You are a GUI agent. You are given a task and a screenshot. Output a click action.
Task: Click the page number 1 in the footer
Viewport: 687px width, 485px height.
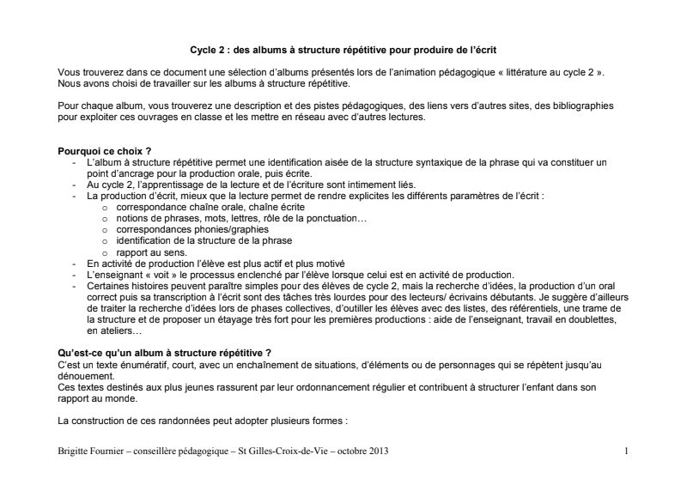point(626,450)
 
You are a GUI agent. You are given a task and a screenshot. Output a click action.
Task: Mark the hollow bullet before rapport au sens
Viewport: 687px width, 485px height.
point(106,253)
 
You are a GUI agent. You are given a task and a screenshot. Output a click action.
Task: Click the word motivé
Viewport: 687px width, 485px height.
point(327,263)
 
